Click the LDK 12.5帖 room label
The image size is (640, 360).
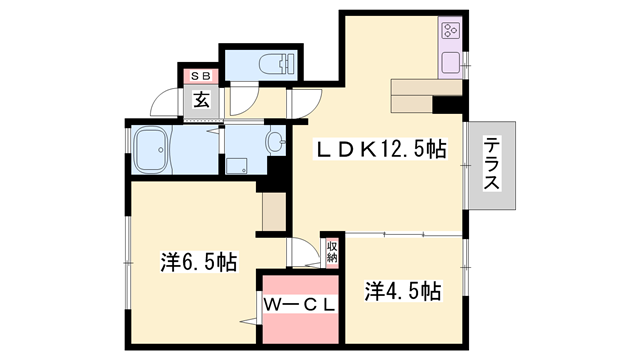(x=381, y=150)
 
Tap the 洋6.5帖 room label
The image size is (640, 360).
(x=199, y=264)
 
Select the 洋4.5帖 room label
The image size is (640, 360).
(x=403, y=291)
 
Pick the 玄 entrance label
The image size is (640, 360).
(x=201, y=100)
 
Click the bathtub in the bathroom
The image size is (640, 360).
(x=156, y=150)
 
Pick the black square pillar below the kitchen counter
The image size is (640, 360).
(x=448, y=103)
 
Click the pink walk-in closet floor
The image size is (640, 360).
(x=300, y=325)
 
